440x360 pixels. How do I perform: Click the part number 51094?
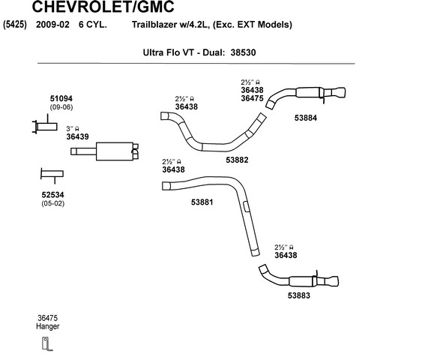tap(61, 98)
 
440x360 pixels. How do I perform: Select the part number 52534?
tap(52, 194)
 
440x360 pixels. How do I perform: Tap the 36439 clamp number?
tap(77, 136)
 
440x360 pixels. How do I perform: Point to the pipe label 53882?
tap(237, 160)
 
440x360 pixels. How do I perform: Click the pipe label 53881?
tap(202, 202)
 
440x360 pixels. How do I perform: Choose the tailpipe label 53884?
tap(306, 118)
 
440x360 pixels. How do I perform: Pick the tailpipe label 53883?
tap(299, 295)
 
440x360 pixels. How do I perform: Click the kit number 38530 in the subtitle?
tap(243, 52)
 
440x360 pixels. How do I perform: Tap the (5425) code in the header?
tap(15, 25)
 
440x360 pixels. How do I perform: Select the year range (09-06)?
tap(61, 107)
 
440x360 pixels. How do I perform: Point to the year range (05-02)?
tap(52, 203)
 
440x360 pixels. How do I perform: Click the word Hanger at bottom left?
tap(48, 326)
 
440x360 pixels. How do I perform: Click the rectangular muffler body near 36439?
tap(115, 151)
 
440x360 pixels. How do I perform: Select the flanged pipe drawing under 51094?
tap(45, 127)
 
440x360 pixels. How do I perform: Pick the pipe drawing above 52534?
tap(52, 174)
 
